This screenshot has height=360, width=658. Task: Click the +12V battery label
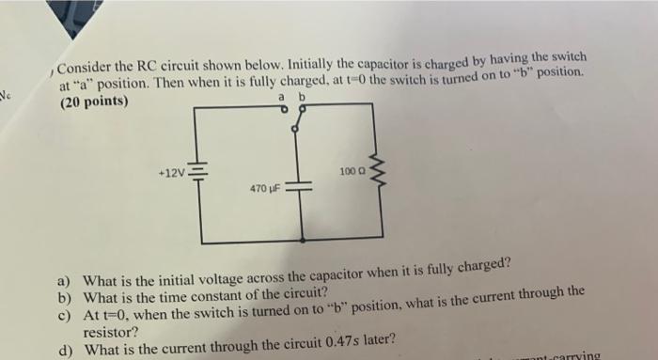click(x=174, y=174)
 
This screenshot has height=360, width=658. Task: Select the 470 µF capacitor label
click(x=264, y=189)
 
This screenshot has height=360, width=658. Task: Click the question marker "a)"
click(x=64, y=280)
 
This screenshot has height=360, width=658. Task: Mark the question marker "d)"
click(x=64, y=349)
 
